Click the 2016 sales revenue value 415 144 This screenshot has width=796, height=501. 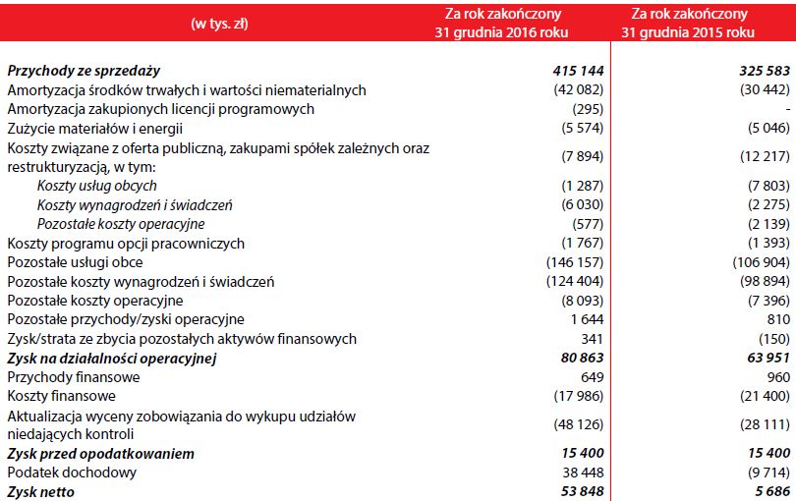pyautogui.click(x=578, y=71)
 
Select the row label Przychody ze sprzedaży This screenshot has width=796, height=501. pyautogui.click(x=84, y=71)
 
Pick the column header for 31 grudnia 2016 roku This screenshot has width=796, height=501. pyautogui.click(x=517, y=24)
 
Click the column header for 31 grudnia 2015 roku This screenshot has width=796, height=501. pyautogui.click(x=703, y=24)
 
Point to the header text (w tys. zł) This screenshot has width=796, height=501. pyautogui.click(x=219, y=24)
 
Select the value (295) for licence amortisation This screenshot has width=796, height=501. pyautogui.click(x=586, y=109)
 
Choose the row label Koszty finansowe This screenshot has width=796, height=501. pyautogui.click(x=62, y=396)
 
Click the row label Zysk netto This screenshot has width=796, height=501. pyautogui.click(x=40, y=491)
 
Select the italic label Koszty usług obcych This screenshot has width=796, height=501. pyautogui.click(x=97, y=186)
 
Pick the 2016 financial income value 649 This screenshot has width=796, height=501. pyautogui.click(x=591, y=377)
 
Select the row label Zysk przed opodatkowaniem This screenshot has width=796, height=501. pyautogui.click(x=100, y=454)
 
